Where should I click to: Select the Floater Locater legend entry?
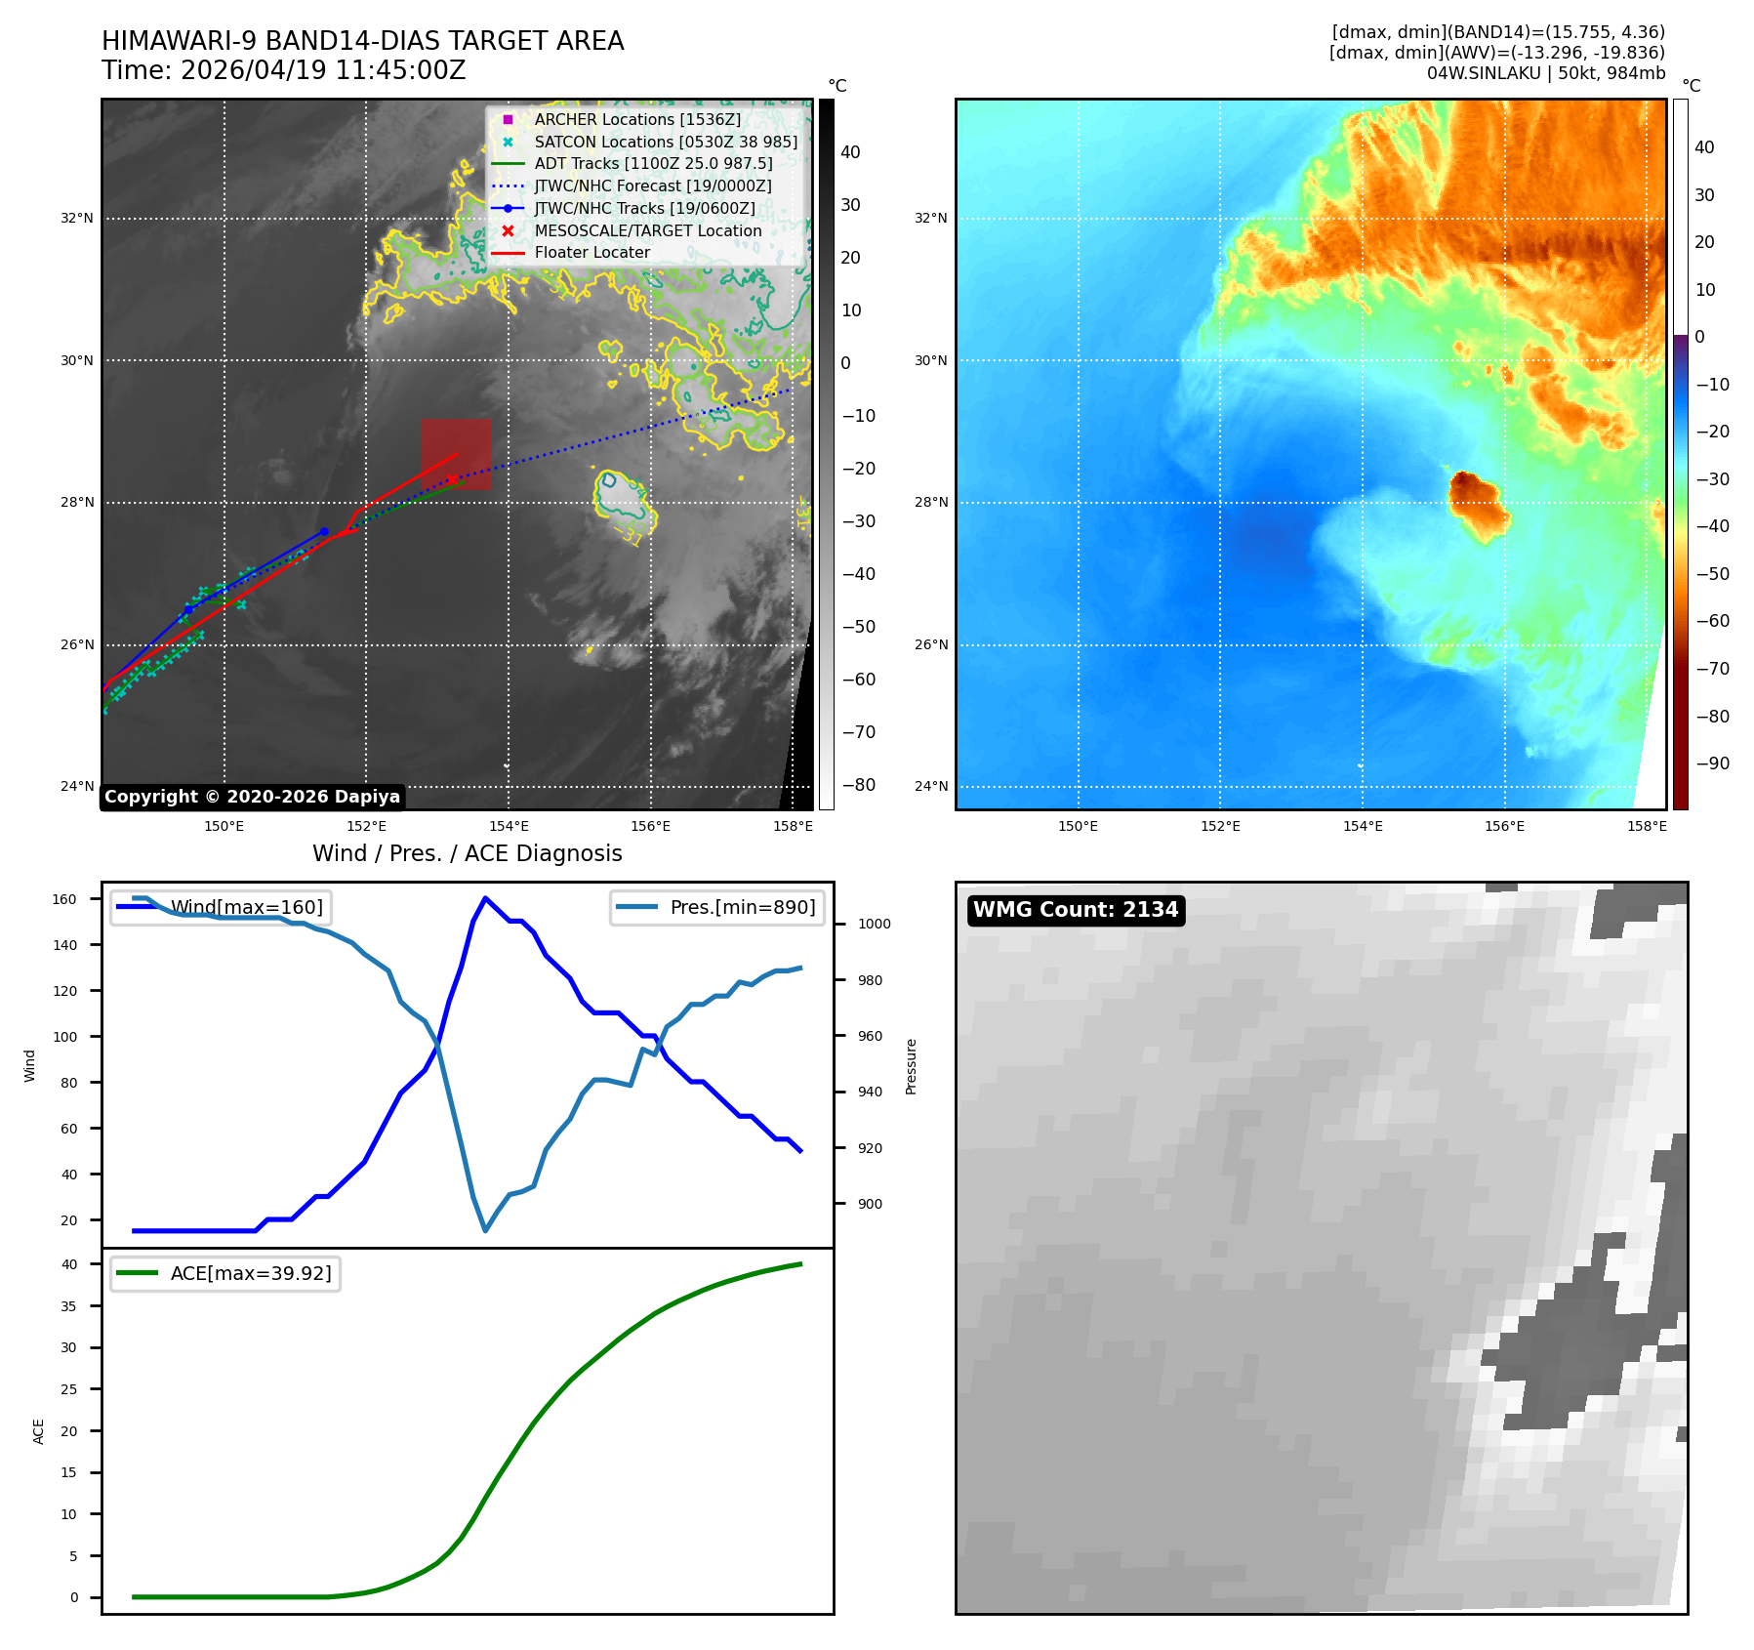(x=571, y=252)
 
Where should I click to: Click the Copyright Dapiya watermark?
(x=252, y=797)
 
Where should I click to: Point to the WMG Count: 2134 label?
(x=1076, y=910)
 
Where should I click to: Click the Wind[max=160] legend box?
(x=221, y=907)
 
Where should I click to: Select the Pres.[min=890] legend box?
(x=717, y=907)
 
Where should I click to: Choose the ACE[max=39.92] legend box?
(x=225, y=1273)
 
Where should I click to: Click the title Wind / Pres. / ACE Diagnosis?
(x=468, y=853)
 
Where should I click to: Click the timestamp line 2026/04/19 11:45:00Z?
(x=323, y=70)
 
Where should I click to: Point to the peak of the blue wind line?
(x=486, y=898)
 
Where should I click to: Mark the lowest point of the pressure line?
(x=485, y=1230)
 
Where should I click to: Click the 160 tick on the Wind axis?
(x=64, y=899)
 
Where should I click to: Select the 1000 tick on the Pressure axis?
(x=874, y=924)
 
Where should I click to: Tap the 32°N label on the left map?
(x=77, y=218)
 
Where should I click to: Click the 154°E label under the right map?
(x=1363, y=826)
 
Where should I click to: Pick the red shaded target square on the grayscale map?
(x=456, y=454)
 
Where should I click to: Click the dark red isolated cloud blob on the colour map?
(x=1478, y=505)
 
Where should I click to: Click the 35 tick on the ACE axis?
(x=69, y=1306)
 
